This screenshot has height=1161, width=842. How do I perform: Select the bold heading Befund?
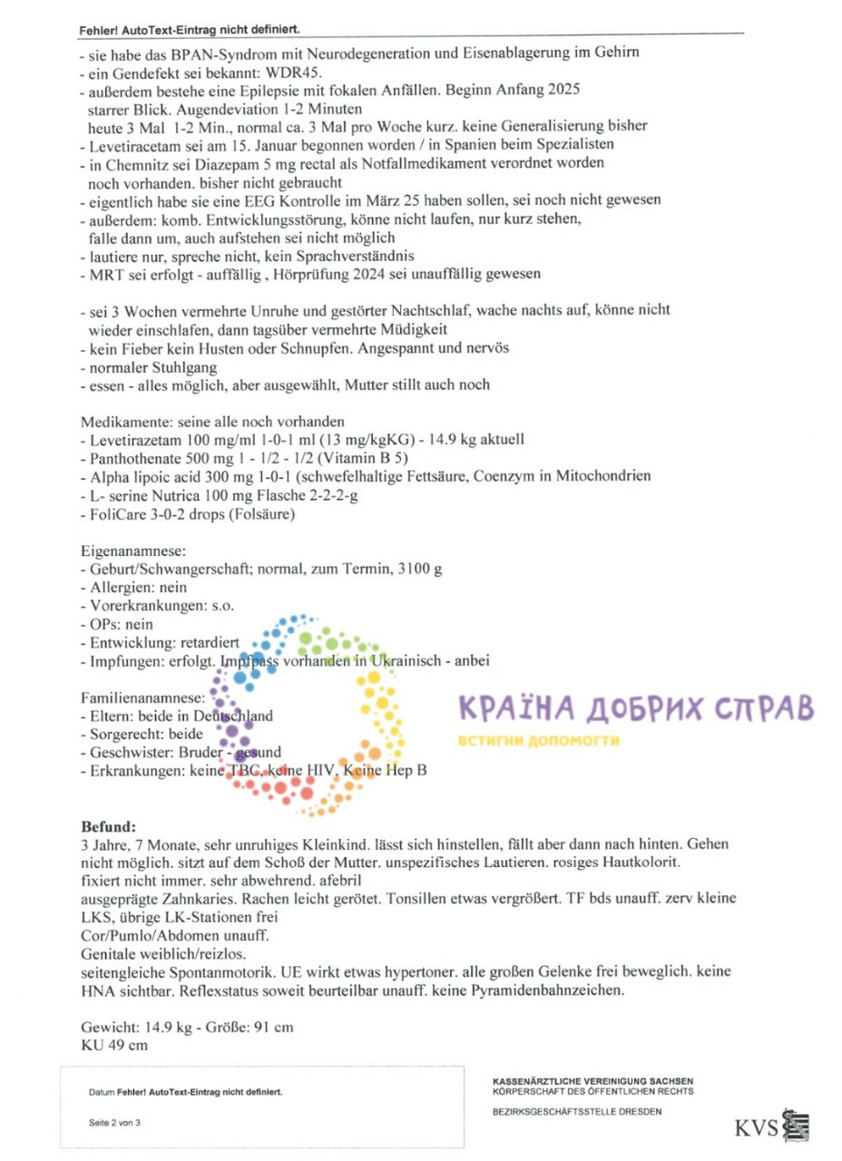108,826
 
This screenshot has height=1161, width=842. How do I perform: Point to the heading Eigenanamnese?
133,551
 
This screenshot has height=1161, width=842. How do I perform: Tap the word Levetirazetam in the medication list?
135,439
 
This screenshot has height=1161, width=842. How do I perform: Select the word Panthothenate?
137,458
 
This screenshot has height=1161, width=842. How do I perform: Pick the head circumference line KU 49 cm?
114,1044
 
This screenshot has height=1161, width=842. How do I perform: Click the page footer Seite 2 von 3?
114,1122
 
